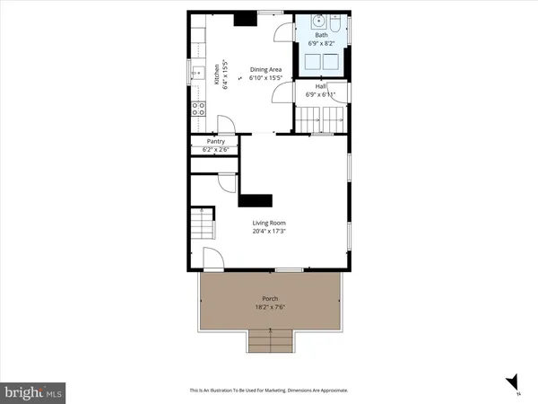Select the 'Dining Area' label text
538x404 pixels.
266,70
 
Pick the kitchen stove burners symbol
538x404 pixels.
198,110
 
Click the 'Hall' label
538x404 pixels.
320,86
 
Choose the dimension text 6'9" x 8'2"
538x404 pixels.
320,43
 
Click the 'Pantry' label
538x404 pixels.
215,141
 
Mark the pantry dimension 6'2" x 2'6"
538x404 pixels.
215,148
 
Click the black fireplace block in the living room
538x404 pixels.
260,200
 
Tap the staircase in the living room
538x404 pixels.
204,221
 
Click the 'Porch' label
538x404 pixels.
270,298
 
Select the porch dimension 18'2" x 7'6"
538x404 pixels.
270,306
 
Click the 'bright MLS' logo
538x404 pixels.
32,392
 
